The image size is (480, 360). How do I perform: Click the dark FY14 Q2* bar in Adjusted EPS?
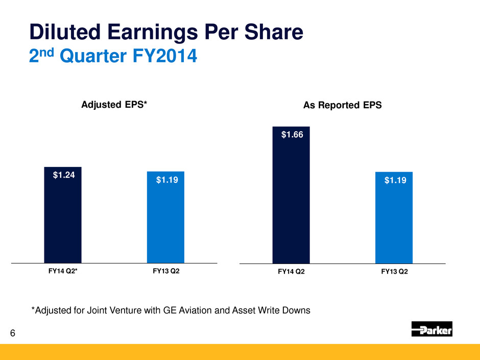coord(63,214)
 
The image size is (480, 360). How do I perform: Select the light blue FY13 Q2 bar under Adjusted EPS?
coord(165,217)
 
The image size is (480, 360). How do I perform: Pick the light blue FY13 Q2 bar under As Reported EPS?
coord(394,218)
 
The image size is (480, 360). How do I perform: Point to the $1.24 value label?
coord(63,176)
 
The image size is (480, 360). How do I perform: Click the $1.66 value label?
coord(291,135)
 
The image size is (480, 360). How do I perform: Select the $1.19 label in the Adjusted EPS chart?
coord(165,180)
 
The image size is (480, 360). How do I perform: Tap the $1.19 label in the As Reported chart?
coord(394,180)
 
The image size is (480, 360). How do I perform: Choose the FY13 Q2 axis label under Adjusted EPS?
coord(166,271)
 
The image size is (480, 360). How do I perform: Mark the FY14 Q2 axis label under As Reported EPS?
coord(291,272)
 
